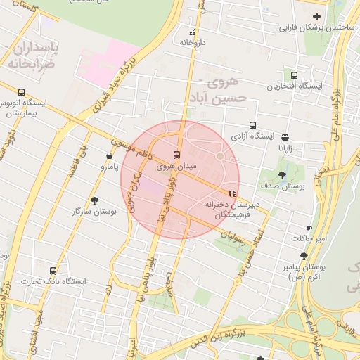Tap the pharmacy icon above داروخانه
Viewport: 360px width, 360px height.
pyautogui.click(x=192, y=32)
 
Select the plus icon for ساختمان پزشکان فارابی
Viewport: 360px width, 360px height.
pyautogui.click(x=316, y=16)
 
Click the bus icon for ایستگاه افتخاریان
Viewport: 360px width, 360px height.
pyautogui.click(x=293, y=76)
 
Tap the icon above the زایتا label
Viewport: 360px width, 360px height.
pyautogui.click(x=285, y=138)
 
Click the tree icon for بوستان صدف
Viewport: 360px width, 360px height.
pyautogui.click(x=283, y=175)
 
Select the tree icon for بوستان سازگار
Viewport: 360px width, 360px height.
pyautogui.click(x=94, y=200)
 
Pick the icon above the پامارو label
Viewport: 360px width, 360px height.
pyautogui.click(x=109, y=156)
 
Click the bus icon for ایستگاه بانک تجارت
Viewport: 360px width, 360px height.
pyautogui.click(x=53, y=271)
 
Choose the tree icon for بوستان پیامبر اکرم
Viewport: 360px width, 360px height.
pyautogui.click(x=304, y=257)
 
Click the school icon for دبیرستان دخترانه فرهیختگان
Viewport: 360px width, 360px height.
pyautogui.click(x=232, y=193)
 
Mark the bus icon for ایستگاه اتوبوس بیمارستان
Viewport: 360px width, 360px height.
pyautogui.click(x=21, y=92)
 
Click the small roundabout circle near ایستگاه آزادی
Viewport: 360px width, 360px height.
pyautogui.click(x=220, y=156)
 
